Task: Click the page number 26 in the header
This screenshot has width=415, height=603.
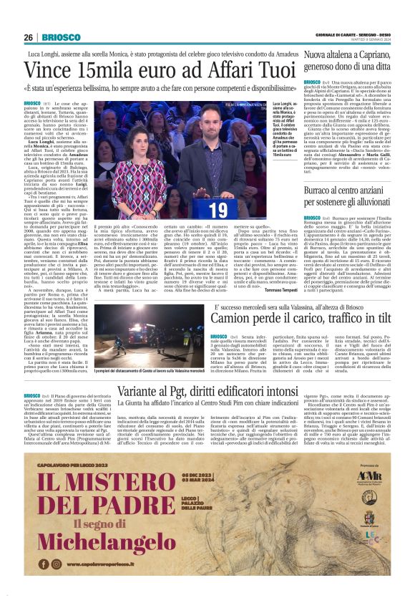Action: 28,37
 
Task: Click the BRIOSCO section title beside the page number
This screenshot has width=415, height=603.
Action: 56,37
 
